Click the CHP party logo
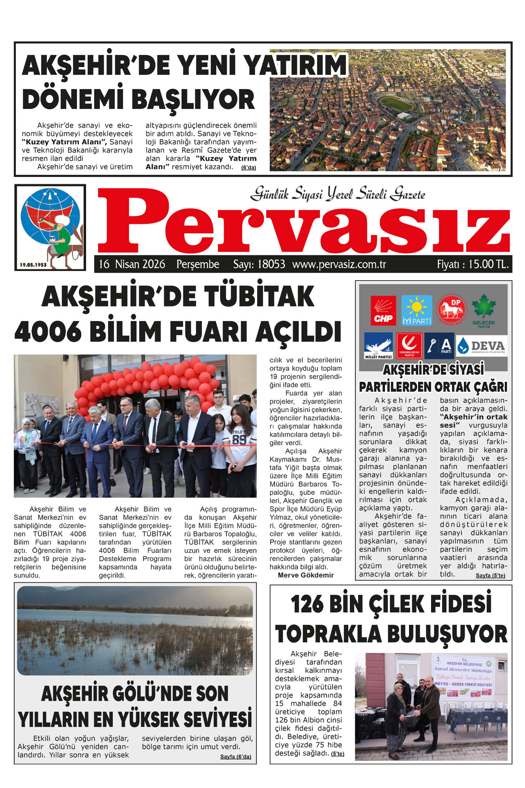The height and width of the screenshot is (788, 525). [383, 310]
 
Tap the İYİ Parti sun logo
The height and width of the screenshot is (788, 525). [417, 310]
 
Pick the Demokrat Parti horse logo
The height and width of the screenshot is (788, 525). [451, 310]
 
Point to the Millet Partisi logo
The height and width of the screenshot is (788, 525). [378, 346]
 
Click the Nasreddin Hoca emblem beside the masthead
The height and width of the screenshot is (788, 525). [50, 228]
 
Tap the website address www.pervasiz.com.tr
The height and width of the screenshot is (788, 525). [339, 264]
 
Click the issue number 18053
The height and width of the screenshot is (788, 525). [271, 264]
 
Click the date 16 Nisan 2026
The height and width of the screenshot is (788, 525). [132, 264]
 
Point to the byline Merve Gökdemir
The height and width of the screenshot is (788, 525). [306, 575]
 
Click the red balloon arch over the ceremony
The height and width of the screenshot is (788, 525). [146, 378]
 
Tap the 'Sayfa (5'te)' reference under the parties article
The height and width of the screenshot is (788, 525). [490, 576]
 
